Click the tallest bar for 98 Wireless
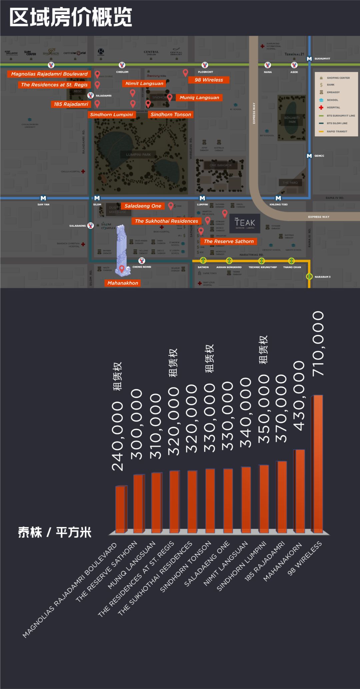pos(318,463)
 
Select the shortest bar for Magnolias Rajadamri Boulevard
pos(121,509)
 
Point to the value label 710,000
pos(318,344)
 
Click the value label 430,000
pos(299,395)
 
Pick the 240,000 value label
pos(118,436)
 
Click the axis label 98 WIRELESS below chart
pos(305,558)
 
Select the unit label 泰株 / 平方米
pos(55,532)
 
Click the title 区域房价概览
pos(71,17)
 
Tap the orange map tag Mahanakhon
pos(123,283)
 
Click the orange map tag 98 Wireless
pos(209,80)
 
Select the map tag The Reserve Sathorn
pos(229,241)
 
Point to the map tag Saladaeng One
pos(143,206)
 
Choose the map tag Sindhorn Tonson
pos(171,114)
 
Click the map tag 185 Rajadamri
pos(71,104)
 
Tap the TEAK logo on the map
pos(245,223)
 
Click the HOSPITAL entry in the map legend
pos(333,108)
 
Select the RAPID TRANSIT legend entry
pos(337,132)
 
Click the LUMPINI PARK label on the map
pos(138,155)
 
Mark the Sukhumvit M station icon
pos(309,59)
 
